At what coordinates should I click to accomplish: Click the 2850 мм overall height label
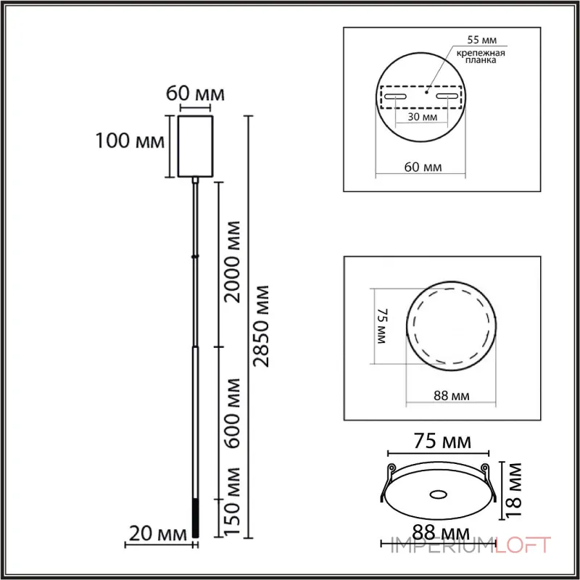click(260, 326)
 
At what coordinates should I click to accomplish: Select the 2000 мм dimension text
click(233, 262)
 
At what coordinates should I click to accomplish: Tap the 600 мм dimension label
click(233, 413)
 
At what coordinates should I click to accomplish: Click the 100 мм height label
click(130, 141)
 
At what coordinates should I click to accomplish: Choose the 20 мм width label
click(158, 534)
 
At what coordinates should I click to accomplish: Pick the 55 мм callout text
click(482, 40)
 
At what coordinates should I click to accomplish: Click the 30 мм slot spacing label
click(423, 117)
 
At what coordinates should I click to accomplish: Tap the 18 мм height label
click(513, 490)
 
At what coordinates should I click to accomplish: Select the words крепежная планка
click(481, 57)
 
